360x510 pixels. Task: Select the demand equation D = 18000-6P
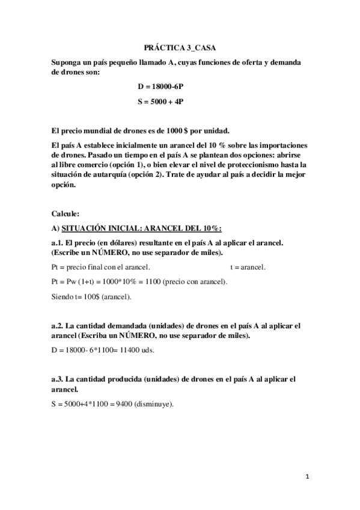coord(160,87)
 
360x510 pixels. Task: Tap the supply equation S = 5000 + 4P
coord(160,102)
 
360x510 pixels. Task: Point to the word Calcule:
coord(66,214)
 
